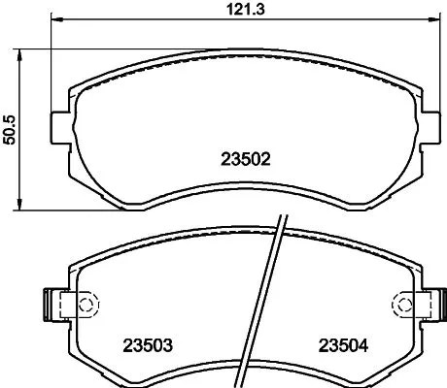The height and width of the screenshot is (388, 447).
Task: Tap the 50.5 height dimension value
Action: coord(10,128)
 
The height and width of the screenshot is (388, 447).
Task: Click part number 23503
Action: coord(146,343)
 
